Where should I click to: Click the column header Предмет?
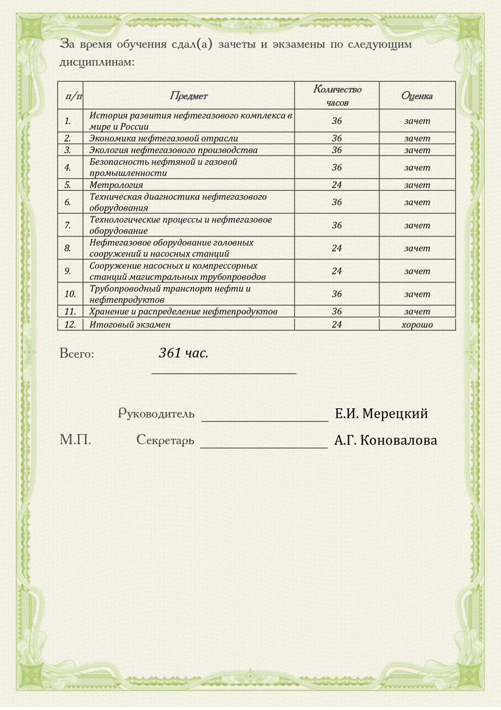(x=188, y=96)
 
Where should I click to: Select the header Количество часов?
(x=337, y=96)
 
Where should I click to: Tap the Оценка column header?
(x=416, y=96)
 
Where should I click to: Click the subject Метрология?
(x=116, y=185)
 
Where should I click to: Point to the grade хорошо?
(x=417, y=325)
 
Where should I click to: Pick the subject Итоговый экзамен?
(x=130, y=325)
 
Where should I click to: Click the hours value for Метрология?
(x=337, y=185)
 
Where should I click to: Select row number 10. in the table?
(x=70, y=294)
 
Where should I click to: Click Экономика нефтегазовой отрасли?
(x=163, y=138)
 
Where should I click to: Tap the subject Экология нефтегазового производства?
(x=173, y=150)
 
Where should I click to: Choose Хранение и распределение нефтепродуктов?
(x=183, y=312)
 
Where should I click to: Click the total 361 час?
(x=183, y=353)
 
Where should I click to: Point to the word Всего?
(x=77, y=354)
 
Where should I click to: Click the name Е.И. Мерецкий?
(x=381, y=414)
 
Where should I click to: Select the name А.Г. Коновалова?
(x=385, y=441)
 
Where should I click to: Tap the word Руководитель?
(x=156, y=414)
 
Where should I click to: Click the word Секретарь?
(x=165, y=440)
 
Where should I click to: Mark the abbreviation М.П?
(x=75, y=440)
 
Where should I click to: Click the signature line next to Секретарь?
(x=264, y=447)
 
